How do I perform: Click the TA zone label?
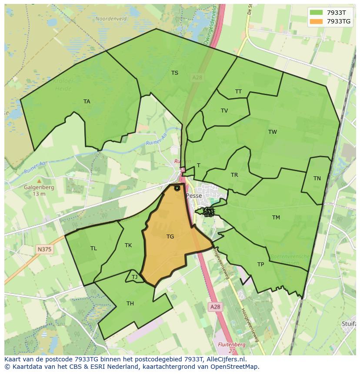[x=87, y=102]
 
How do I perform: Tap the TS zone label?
[x=175, y=73]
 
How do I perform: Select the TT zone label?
[x=238, y=92]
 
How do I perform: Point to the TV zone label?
[x=224, y=111]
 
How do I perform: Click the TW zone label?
[x=273, y=132]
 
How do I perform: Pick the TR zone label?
[x=234, y=175]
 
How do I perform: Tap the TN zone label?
[x=317, y=179]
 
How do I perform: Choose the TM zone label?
[x=276, y=218]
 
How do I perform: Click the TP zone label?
[x=261, y=265]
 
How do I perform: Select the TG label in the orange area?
[x=170, y=237]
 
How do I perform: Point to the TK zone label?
[x=128, y=245]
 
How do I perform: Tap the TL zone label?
[x=94, y=248]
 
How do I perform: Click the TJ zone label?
[x=135, y=277]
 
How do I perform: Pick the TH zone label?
[x=130, y=304]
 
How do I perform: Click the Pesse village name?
[x=194, y=196]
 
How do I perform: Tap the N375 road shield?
[x=44, y=249]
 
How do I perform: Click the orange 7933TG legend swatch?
[x=317, y=21]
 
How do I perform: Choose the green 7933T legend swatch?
[x=317, y=13]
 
